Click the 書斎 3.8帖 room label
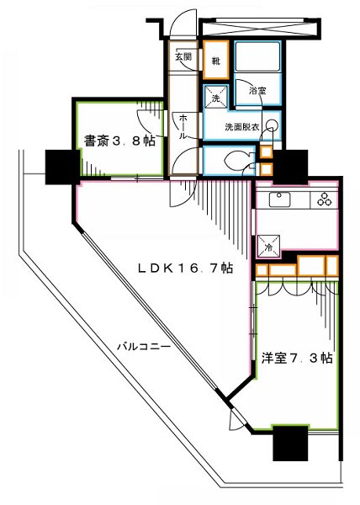pos(119,141)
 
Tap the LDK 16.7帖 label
pos(185,269)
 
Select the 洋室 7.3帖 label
pos(299,358)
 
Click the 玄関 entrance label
pos(183,57)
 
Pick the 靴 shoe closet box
pos(216,61)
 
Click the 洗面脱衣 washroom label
pos(242,126)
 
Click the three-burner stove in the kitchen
pos(323,200)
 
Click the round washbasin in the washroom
pos(270,126)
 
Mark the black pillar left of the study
pos(61,165)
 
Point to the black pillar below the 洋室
pos(291,444)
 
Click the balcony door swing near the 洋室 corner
pos(238,420)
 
